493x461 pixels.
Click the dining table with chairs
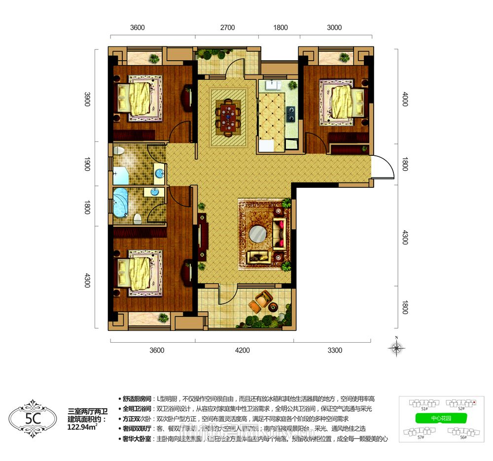(228, 117)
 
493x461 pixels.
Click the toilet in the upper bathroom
(119, 150)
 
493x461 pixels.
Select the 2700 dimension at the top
(227, 28)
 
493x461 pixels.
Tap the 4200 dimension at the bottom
(243, 351)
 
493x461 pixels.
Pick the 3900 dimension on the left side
(87, 100)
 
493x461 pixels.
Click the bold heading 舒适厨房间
(138, 398)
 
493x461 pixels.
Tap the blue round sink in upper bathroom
(160, 173)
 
